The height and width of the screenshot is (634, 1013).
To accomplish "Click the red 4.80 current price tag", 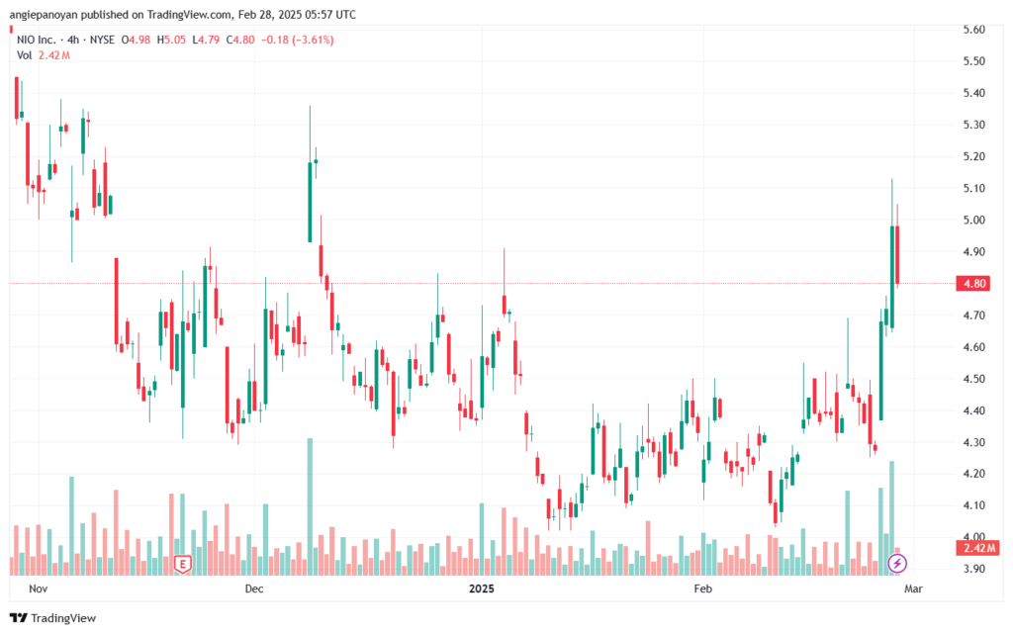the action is click(973, 284).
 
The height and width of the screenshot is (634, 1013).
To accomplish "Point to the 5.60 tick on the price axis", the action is click(973, 29).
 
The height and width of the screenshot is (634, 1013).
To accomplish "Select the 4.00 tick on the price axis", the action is click(973, 536).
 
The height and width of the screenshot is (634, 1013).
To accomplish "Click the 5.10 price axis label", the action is click(973, 188).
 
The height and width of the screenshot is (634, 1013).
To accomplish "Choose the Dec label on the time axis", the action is click(254, 589).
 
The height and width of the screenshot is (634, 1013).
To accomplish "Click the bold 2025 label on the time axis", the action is click(482, 589).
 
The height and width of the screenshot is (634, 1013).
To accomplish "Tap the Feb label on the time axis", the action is click(703, 589).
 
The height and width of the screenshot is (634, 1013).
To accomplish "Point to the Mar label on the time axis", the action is click(913, 589).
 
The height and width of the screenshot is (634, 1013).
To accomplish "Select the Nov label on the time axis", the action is click(39, 589).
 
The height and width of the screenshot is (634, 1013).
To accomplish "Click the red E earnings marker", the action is click(183, 565).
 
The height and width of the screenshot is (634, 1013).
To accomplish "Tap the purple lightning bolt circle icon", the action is click(896, 564).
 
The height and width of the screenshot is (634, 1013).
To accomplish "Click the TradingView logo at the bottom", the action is click(53, 618).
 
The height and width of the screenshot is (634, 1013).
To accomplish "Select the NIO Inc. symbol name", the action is click(37, 40).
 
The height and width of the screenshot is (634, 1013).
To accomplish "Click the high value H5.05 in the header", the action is click(171, 40).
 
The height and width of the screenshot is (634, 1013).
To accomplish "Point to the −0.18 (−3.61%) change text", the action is click(297, 40).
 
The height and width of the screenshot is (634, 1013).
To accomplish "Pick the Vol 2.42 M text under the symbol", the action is click(44, 55).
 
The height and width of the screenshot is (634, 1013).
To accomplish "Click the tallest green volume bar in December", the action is click(310, 506).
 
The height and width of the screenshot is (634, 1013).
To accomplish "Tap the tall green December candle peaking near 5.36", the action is click(310, 174).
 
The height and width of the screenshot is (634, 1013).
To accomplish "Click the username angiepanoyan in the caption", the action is click(44, 14).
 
